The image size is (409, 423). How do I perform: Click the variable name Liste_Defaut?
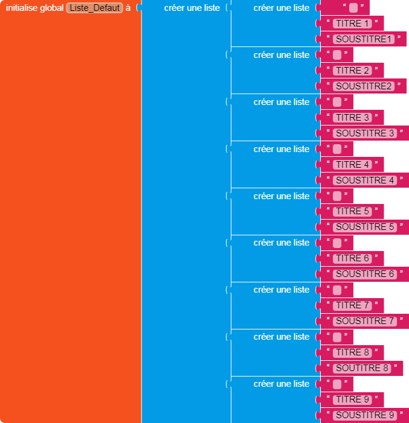coord(94,8)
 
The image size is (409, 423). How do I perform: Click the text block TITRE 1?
coord(352,24)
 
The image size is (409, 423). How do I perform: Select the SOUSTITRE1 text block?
coord(364,39)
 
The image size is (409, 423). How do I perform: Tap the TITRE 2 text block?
coord(352,71)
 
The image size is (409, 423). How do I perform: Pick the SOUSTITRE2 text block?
coord(364,86)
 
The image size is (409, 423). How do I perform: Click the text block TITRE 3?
coord(352,118)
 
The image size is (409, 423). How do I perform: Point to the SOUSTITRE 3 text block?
coord(365,133)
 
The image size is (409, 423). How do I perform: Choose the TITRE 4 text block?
coord(352,165)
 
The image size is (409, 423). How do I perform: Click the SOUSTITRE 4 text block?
coord(365,180)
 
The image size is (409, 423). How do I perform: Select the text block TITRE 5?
coord(352,211)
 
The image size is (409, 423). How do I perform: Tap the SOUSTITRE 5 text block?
coord(365,227)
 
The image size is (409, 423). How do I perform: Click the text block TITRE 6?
coord(352,258)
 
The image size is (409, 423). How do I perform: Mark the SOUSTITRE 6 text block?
coord(365,274)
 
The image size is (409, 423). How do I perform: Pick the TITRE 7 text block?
coord(352,305)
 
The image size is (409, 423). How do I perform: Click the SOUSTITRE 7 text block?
coord(365,321)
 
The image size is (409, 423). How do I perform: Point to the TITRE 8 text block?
coord(352,352)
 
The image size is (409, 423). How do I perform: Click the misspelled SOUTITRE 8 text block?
coord(362,368)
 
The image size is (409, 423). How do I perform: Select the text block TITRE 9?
coord(352,399)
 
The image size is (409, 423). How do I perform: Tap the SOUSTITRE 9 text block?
coord(365,415)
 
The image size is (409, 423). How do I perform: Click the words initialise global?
coord(34,8)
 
